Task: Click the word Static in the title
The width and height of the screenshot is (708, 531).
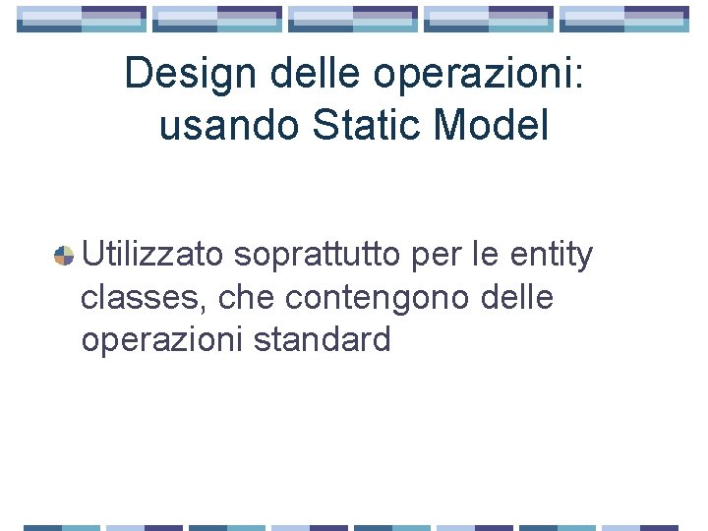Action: pyautogui.click(x=345, y=125)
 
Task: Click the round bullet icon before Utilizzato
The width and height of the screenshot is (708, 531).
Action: pyautogui.click(x=64, y=256)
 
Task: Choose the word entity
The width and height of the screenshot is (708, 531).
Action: pyautogui.click(x=552, y=258)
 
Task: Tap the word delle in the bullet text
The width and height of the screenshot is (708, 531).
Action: pyautogui.click(x=516, y=297)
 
